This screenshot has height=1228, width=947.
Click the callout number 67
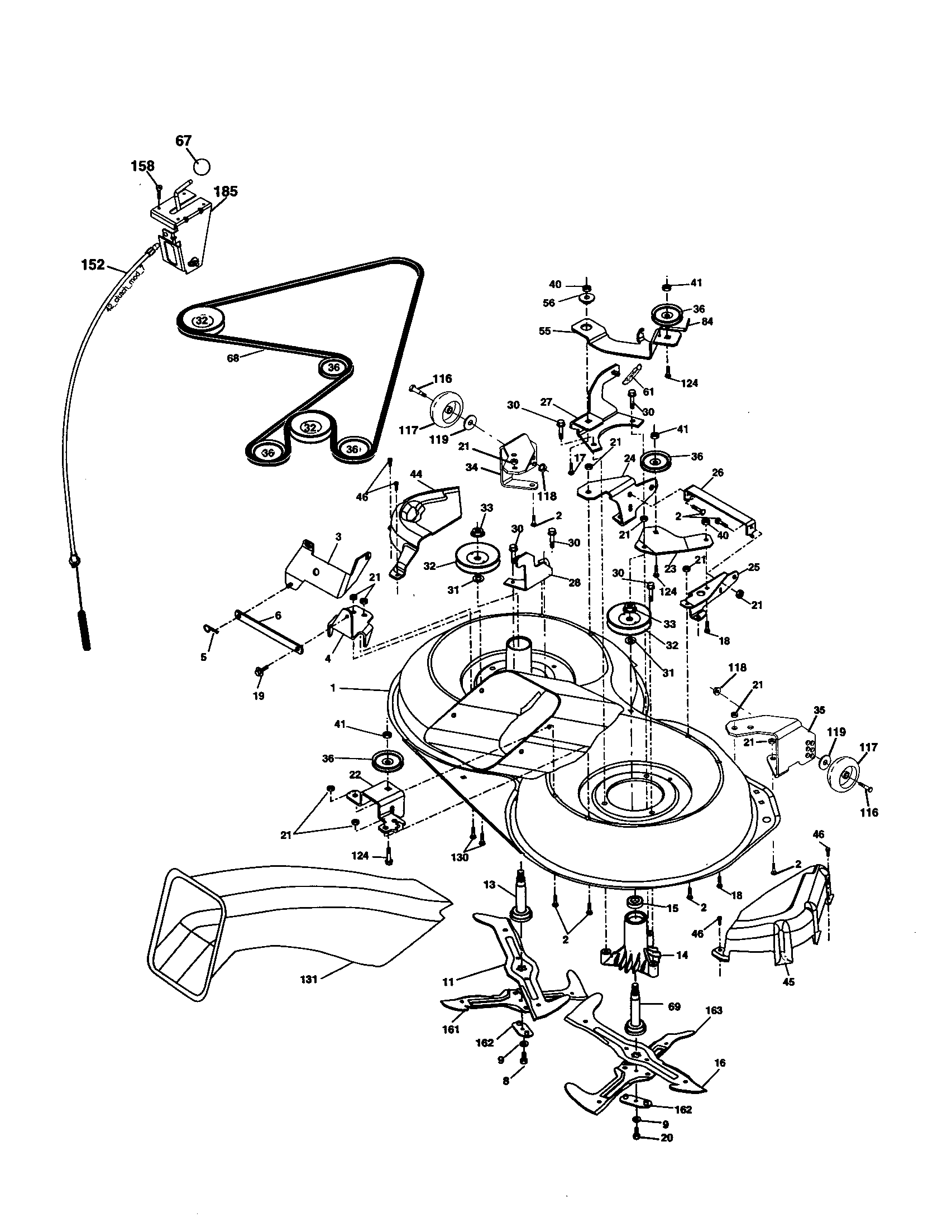[x=183, y=141]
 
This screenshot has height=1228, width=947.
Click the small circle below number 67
[x=202, y=167]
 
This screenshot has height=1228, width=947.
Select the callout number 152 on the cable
[x=93, y=263]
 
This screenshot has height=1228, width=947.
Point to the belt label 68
[x=232, y=358]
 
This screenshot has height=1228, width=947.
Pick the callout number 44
[x=415, y=474]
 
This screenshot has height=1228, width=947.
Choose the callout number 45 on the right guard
[x=788, y=982]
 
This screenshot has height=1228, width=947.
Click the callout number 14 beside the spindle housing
[x=682, y=954]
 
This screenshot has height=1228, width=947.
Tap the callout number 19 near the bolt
[x=259, y=695]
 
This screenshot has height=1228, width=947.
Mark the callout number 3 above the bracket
[x=338, y=536]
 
